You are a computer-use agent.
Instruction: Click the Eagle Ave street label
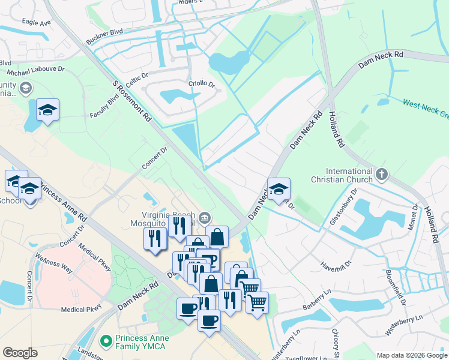pyautogui.click(x=36, y=23)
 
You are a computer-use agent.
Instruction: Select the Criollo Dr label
pyautogui.click(x=202, y=85)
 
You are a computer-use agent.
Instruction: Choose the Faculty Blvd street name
pyautogui.click(x=104, y=107)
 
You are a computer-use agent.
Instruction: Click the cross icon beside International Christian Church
pyautogui.click(x=382, y=175)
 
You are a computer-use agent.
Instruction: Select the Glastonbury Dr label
pyautogui.click(x=343, y=208)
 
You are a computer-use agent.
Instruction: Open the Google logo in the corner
pyautogui.click(x=20, y=353)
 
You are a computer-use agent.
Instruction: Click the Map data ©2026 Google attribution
pyautogui.click(x=411, y=355)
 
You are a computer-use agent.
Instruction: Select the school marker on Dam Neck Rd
pyautogui.click(x=279, y=189)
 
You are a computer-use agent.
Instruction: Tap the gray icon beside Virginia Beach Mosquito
pyautogui.click(x=205, y=217)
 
